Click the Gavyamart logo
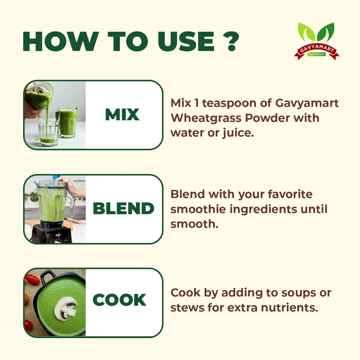click(317, 42)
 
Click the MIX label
click(122, 115)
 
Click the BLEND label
click(123, 208)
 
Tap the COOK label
click(119, 300)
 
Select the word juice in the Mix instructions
click(238, 133)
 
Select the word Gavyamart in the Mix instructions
click(307, 103)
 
